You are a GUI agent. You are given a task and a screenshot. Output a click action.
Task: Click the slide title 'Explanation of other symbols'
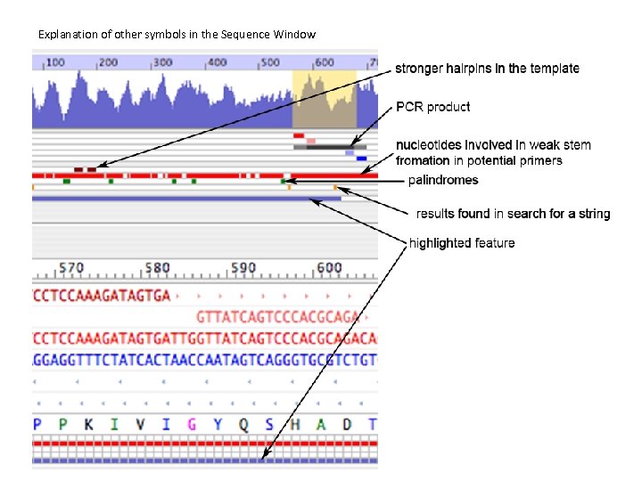tap(177, 35)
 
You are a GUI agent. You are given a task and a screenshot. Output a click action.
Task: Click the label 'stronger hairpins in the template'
tap(487, 69)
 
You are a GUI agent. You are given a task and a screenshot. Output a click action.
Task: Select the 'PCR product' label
tap(434, 107)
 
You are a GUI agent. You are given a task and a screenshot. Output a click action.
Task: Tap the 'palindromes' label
tap(442, 180)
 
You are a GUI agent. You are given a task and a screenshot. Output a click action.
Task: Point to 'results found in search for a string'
tap(513, 214)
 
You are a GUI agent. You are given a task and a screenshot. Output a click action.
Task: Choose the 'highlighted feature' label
tap(461, 242)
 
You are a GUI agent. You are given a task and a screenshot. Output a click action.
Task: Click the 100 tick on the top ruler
tap(55, 62)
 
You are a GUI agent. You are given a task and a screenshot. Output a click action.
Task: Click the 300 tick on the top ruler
tap(163, 62)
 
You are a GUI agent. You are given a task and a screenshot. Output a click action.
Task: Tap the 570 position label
tap(71, 268)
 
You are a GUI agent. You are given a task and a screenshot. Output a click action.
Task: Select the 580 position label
tap(157, 268)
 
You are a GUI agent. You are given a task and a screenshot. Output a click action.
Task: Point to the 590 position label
tap(243, 268)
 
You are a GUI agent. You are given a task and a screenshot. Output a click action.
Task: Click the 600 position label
tap(328, 268)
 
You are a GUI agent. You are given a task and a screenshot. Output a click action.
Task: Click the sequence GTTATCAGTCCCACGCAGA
tap(277, 316)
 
